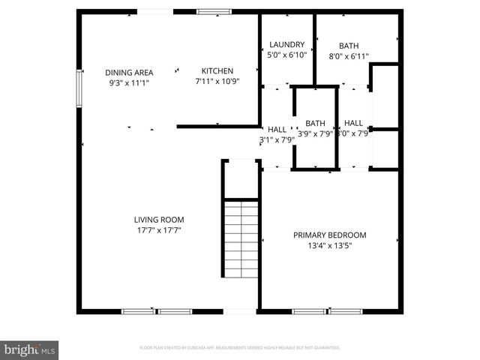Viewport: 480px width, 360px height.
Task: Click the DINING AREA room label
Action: tap(129, 72)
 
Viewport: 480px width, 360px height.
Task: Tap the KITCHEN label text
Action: tap(208, 70)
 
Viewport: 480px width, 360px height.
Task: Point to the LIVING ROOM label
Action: tap(159, 220)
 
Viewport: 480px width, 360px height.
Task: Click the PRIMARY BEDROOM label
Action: tap(334, 235)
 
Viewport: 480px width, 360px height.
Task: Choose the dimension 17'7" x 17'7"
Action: tap(159, 230)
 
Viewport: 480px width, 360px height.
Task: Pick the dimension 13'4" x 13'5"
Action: tap(334, 245)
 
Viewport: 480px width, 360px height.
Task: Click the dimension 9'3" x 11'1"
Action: tap(129, 82)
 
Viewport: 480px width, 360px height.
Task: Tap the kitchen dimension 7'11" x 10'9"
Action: tap(217, 81)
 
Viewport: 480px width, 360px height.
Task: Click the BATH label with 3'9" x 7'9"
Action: tap(315, 124)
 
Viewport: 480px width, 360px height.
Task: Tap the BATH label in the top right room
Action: tap(349, 46)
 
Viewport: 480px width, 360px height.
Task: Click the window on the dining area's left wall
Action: tap(79, 90)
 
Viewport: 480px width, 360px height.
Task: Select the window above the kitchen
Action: tap(214, 12)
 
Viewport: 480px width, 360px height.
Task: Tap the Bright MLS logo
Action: tap(30, 349)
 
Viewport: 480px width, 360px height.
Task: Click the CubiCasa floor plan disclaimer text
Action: tap(240, 348)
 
